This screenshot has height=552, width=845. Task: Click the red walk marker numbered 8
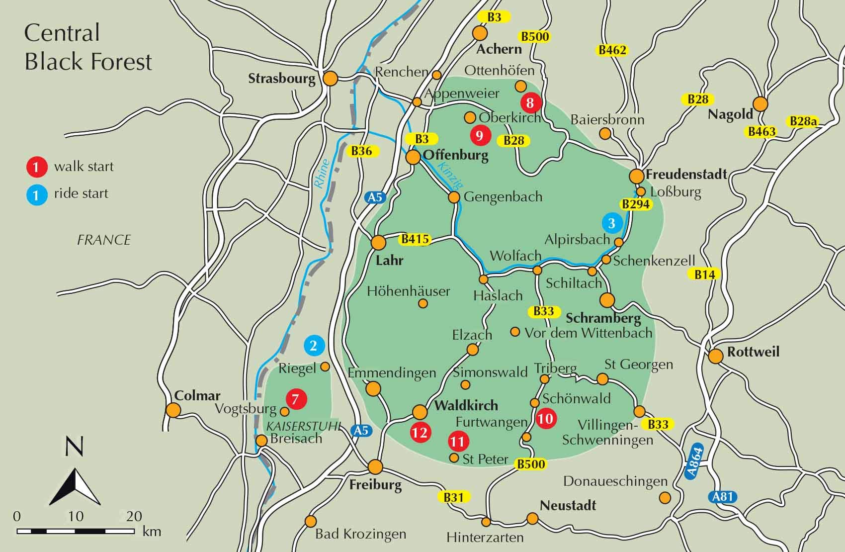pyautogui.click(x=530, y=103)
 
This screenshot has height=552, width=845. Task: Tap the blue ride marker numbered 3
pyautogui.click(x=612, y=223)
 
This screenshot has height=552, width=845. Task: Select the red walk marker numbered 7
pyautogui.click(x=296, y=399)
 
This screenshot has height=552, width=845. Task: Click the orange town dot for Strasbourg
pyautogui.click(x=331, y=79)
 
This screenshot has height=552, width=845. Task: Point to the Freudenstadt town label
pyautogui.click(x=686, y=175)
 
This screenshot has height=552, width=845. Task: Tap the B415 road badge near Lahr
pyautogui.click(x=415, y=240)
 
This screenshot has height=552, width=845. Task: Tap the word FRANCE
pyautogui.click(x=104, y=240)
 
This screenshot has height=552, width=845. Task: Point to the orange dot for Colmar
pyautogui.click(x=173, y=410)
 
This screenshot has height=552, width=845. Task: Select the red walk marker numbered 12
pyautogui.click(x=420, y=432)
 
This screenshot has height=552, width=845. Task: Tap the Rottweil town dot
pyautogui.click(x=716, y=356)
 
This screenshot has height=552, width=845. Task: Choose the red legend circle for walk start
pyautogui.click(x=36, y=167)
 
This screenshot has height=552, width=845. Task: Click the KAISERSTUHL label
pyautogui.click(x=303, y=426)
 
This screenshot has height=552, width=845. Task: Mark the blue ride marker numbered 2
pyautogui.click(x=314, y=346)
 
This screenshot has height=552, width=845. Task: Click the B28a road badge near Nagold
pyautogui.click(x=803, y=121)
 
